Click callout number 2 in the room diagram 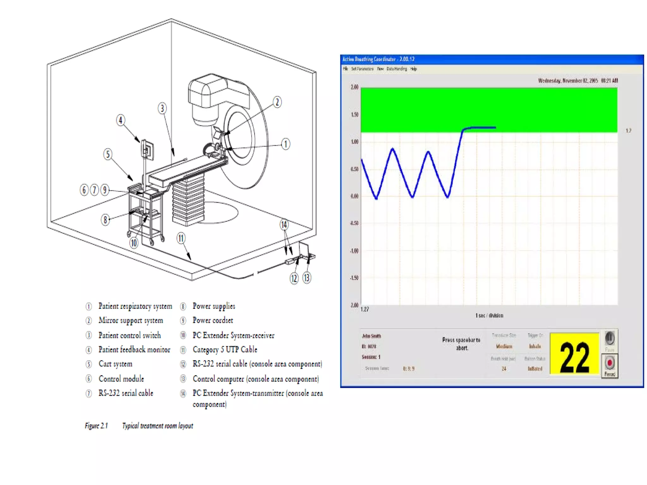(x=277, y=102)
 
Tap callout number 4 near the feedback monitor (x=120, y=120)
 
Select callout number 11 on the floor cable (x=181, y=238)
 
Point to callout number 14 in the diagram (x=284, y=225)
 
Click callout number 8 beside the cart (x=105, y=219)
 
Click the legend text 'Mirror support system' (x=131, y=320)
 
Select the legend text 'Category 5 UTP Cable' (x=225, y=350)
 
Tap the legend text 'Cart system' (x=115, y=364)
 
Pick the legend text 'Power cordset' (x=213, y=320)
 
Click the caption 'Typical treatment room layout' (x=157, y=426)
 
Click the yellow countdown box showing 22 (x=574, y=354)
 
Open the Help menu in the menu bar (x=414, y=69)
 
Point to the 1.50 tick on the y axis (x=354, y=115)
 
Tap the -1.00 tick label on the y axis (x=354, y=251)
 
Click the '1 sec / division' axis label (x=489, y=315)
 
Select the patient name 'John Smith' (x=371, y=336)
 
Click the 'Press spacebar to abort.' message (x=461, y=344)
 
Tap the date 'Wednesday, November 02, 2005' (x=568, y=81)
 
